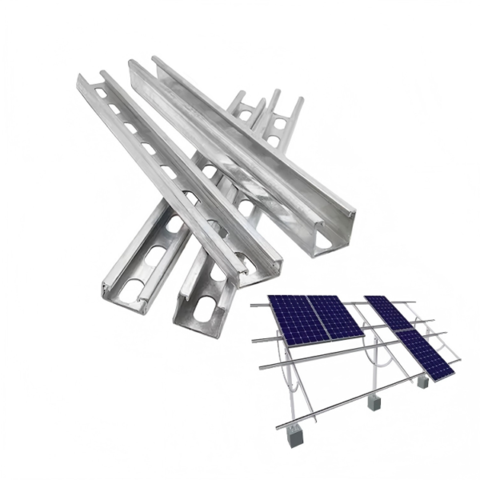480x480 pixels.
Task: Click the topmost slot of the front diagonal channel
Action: (102, 93)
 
